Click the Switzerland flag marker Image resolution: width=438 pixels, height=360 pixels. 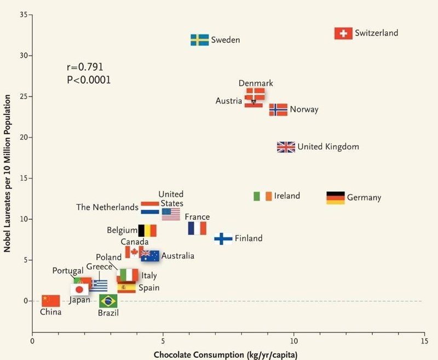[x=343, y=33]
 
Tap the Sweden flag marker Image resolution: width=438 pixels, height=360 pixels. [x=199, y=40]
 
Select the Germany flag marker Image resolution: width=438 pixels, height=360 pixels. [x=336, y=198]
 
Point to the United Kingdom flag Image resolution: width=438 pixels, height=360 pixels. [x=286, y=147]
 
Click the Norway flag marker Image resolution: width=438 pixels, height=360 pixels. [x=278, y=110]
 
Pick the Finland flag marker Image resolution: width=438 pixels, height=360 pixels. [x=223, y=238]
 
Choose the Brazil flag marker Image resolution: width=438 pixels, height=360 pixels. [x=108, y=301]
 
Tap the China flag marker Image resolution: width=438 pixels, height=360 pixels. [x=50, y=300]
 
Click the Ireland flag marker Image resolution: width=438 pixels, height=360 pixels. [x=263, y=196]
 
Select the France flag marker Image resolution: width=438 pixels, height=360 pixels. [x=197, y=228]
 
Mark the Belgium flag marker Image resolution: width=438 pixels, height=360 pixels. [x=147, y=230]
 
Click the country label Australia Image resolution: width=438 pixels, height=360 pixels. [x=178, y=256]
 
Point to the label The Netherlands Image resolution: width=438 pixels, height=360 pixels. [x=107, y=208]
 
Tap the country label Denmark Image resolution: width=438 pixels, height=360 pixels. [x=256, y=83]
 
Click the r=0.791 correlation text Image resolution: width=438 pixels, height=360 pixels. [x=85, y=67]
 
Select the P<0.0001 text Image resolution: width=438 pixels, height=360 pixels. [x=88, y=80]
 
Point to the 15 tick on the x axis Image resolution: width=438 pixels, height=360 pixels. [x=424, y=341]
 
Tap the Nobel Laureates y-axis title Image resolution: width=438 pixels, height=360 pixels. [x=8, y=173]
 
